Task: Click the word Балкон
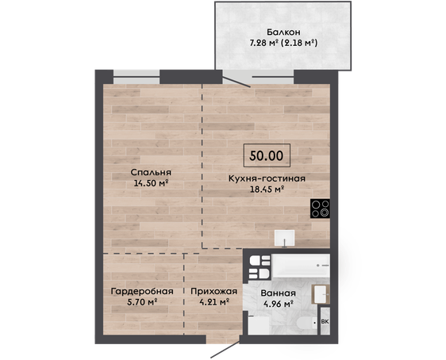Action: click(283, 32)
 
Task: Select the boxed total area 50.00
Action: click(267, 155)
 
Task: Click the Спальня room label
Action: click(151, 172)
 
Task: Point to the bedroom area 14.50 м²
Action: click(151, 183)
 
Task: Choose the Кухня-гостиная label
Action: click(267, 178)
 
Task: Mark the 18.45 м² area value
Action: click(267, 189)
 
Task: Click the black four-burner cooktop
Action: click(321, 209)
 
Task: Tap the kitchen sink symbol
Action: click(284, 239)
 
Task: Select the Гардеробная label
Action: click(142, 291)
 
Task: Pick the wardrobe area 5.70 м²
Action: click(142, 302)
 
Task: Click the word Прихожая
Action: click(214, 291)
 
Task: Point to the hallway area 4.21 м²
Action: click(214, 302)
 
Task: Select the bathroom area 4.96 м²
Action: click(279, 304)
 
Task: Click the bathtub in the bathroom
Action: click(301, 266)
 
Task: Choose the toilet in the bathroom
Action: click(306, 324)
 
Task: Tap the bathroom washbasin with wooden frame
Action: click(321, 294)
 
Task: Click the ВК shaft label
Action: click(325, 322)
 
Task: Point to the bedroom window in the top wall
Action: click(136, 77)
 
